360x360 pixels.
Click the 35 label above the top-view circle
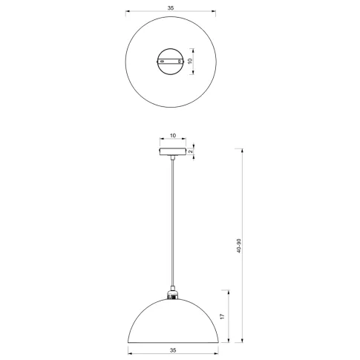coord(171,7)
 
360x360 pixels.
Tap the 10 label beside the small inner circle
coord(190,61)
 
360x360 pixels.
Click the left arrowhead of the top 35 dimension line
coord(128,12)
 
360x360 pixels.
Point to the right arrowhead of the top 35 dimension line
coord(215,12)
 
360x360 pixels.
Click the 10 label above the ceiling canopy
coord(172,137)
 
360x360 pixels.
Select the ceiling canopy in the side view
coord(171,152)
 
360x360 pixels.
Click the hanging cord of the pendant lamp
coord(171,223)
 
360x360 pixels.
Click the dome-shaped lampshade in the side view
coord(171,319)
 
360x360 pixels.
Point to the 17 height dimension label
coord(221,316)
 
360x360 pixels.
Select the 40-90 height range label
coord(239,245)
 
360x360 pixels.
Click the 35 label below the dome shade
coord(171,348)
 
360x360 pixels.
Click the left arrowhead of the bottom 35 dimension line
coord(128,353)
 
